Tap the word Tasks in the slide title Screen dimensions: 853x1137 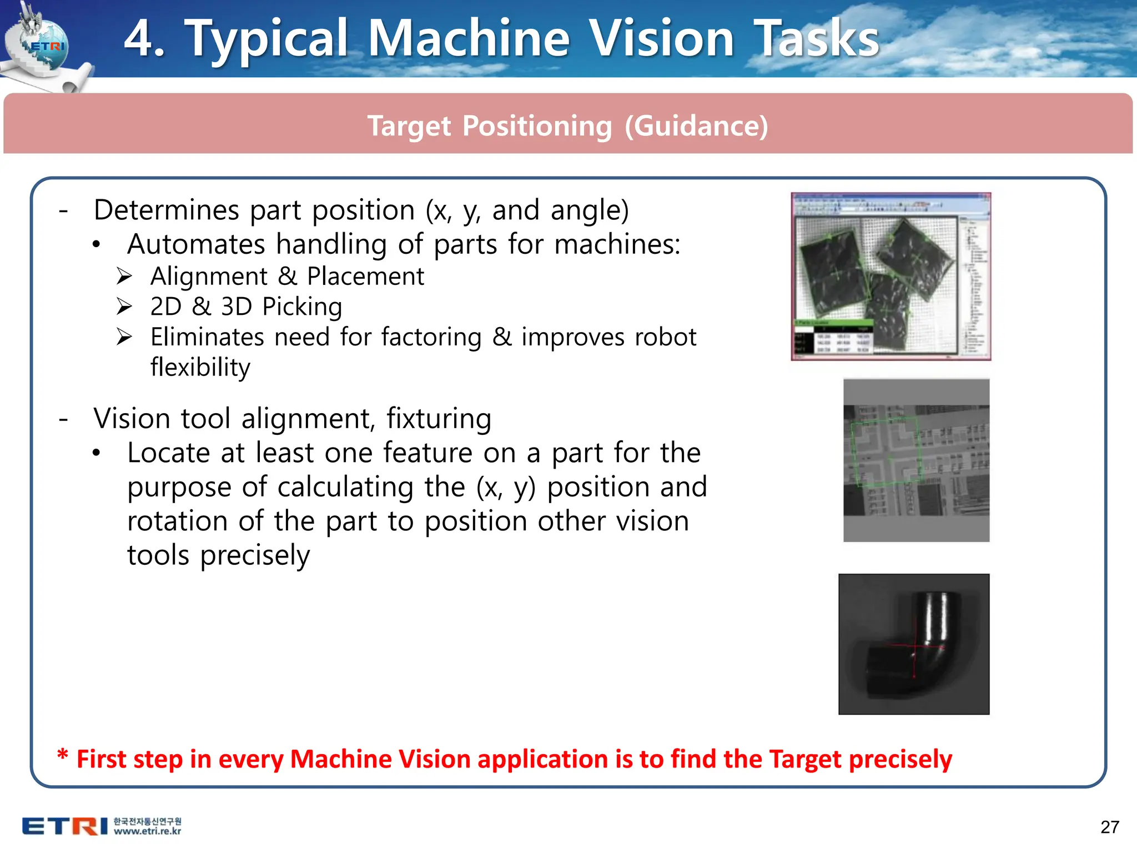point(816,39)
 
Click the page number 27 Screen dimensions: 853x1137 point(1109,827)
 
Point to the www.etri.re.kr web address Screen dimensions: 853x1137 point(148,831)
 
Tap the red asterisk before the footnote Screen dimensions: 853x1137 point(63,756)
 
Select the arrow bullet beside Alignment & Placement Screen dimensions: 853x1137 point(124,276)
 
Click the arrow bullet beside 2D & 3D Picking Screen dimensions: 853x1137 point(124,307)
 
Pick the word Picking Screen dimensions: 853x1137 point(302,307)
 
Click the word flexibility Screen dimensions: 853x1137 point(200,367)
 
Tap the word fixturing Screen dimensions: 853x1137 point(439,419)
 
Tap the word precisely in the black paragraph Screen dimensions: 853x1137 point(255,556)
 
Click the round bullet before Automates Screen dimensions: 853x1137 point(97,245)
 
